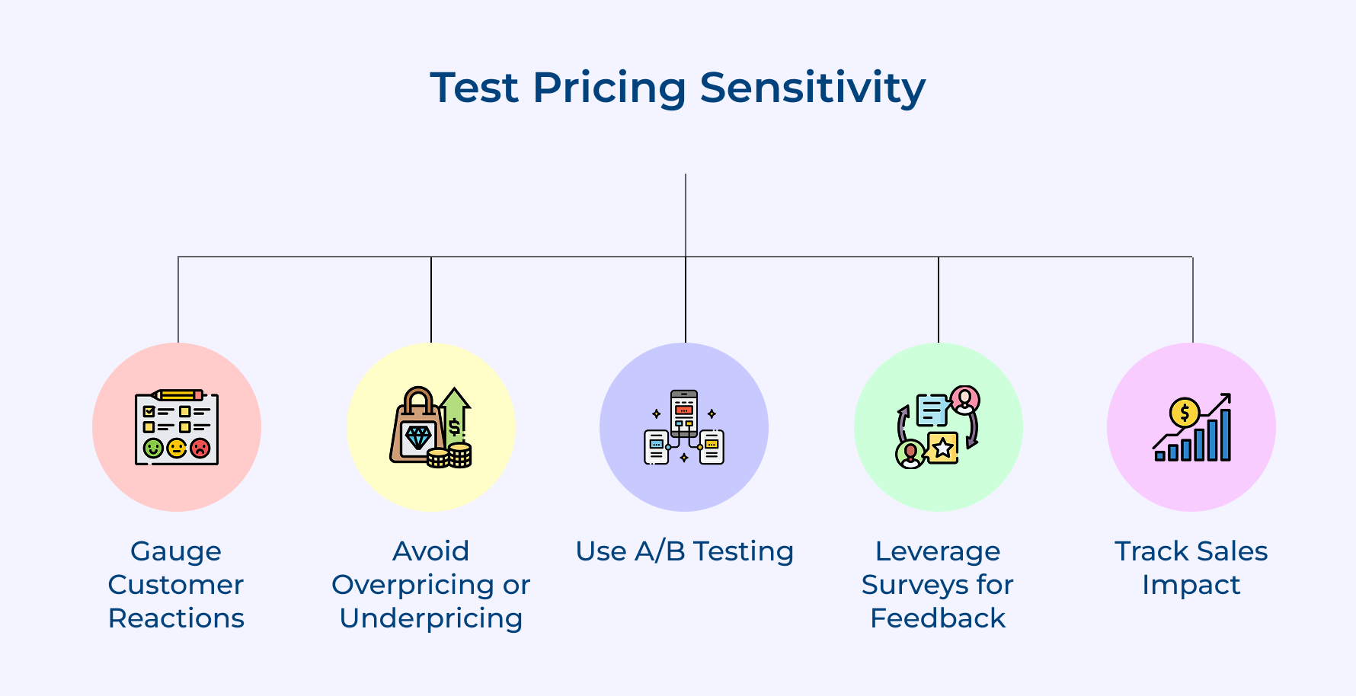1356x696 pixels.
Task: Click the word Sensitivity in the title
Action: (812, 88)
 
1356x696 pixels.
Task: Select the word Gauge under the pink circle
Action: (176, 552)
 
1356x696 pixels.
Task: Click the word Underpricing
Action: (431, 619)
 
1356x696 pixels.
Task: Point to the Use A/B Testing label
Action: (685, 551)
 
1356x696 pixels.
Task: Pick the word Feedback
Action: (938, 618)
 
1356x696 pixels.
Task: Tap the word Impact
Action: (1191, 586)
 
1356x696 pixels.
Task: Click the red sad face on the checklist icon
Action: (200, 448)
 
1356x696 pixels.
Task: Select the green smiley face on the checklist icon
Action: (153, 448)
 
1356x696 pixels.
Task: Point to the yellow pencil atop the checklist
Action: (177, 395)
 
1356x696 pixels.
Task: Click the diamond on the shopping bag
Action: (418, 437)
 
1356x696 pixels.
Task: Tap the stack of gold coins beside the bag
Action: (449, 455)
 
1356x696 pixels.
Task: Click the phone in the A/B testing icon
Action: (684, 413)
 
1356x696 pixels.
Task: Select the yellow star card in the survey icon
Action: (943, 447)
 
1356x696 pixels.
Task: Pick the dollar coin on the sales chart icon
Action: (1185, 413)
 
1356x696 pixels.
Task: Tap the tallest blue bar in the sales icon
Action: (1226, 435)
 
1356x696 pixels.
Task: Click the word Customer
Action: (176, 585)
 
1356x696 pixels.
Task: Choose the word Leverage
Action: (938, 552)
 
